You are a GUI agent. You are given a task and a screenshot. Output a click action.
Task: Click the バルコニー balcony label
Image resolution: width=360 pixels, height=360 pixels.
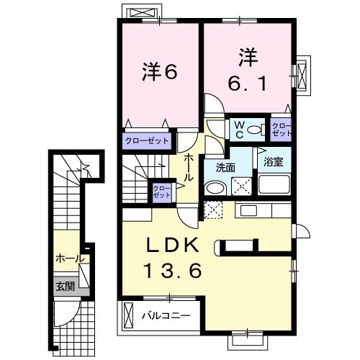coord(165,315)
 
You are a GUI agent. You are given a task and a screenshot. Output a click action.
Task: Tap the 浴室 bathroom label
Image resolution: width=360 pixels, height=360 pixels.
coord(274,162)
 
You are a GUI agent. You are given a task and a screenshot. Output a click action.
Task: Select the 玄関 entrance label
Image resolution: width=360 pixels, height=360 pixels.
coord(65,286)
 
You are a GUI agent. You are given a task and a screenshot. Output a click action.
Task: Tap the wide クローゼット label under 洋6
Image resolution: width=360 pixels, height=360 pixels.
coord(147,140)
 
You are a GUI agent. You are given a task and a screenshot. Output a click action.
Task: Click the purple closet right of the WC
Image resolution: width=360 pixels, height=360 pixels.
coord(281,130)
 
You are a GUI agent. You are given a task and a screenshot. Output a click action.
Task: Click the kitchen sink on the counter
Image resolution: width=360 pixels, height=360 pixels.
coord(249,210)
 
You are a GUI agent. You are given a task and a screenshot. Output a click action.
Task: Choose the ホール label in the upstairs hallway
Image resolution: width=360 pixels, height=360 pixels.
coord(187,167)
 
